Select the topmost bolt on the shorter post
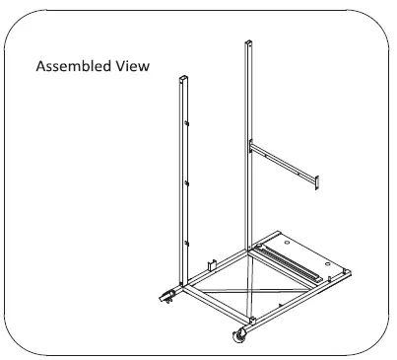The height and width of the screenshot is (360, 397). pos(186,124)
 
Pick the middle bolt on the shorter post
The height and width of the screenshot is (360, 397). pos(186,184)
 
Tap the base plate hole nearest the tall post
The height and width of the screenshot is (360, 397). pos(285,239)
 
